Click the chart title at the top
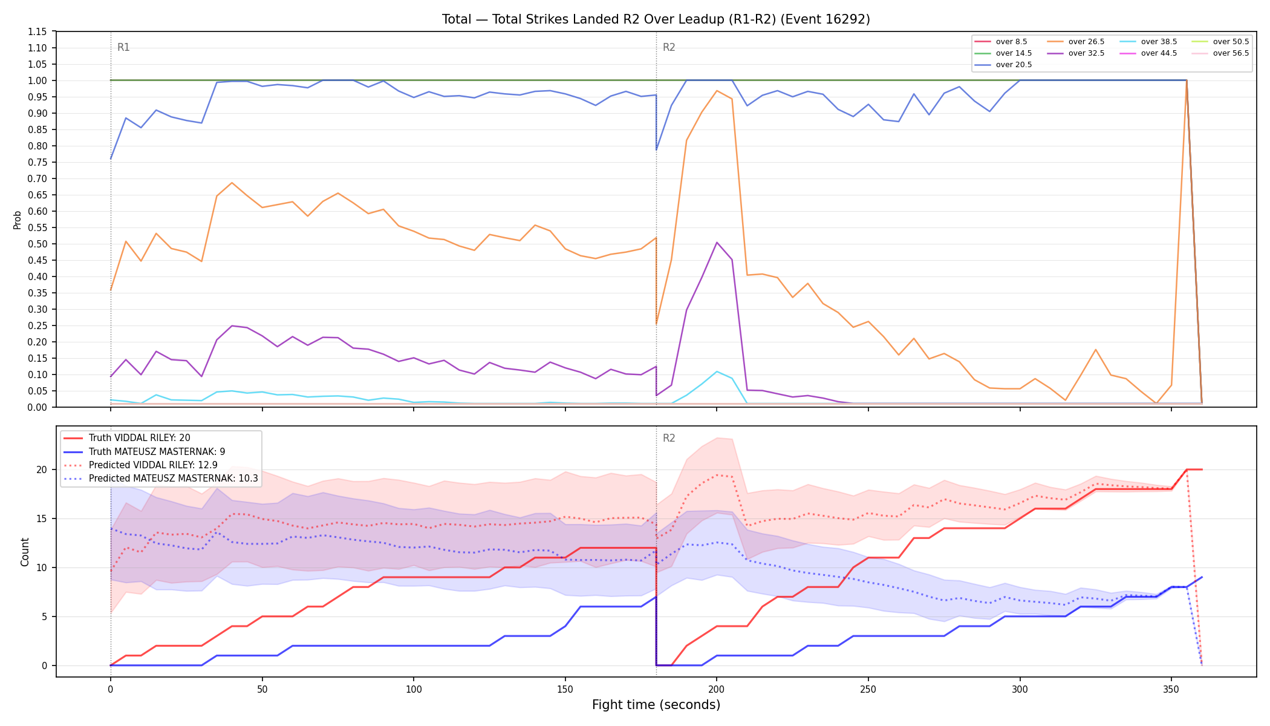(x=656, y=19)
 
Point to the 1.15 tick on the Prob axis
(x=38, y=31)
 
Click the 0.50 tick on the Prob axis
(x=38, y=244)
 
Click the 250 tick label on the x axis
(x=868, y=689)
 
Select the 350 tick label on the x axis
(x=1171, y=689)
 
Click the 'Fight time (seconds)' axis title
(x=656, y=705)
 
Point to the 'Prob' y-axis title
(x=18, y=220)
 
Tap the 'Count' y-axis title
(x=25, y=552)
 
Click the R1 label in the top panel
(x=123, y=47)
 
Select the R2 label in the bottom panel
(x=669, y=438)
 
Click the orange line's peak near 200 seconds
(x=717, y=91)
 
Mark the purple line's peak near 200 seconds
(x=717, y=243)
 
